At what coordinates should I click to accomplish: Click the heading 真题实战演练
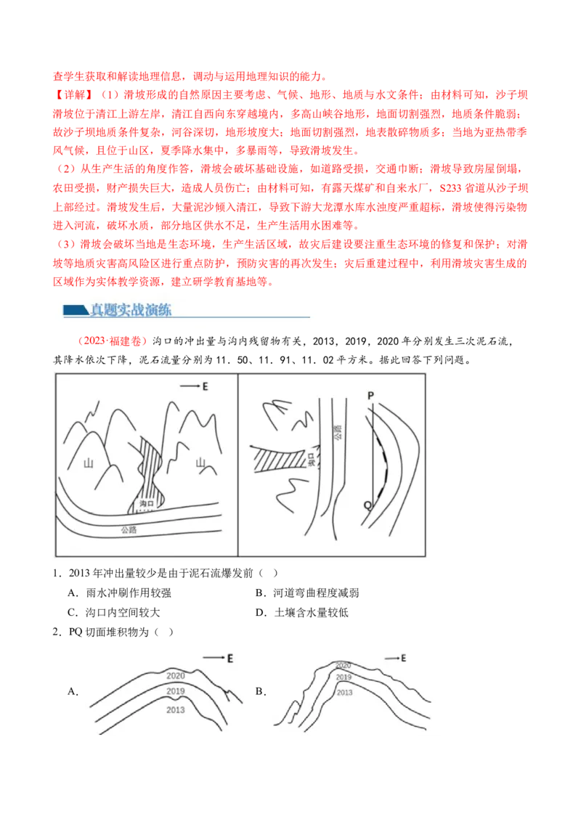coord(131,311)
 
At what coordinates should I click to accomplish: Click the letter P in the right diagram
coord(370,395)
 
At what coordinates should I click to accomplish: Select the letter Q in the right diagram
coord(367,504)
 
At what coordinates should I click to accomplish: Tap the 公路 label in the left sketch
coord(131,530)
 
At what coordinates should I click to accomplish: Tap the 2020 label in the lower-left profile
coord(176,675)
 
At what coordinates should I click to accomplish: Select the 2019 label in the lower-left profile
coord(175,691)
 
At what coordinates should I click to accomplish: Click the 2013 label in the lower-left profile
coord(175,709)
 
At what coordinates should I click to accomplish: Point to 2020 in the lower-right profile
coord(343,665)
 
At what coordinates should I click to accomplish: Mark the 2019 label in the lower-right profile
coord(344,677)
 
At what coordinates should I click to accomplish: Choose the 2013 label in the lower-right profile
coord(344,693)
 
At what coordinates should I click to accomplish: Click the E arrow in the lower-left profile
coord(218,658)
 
